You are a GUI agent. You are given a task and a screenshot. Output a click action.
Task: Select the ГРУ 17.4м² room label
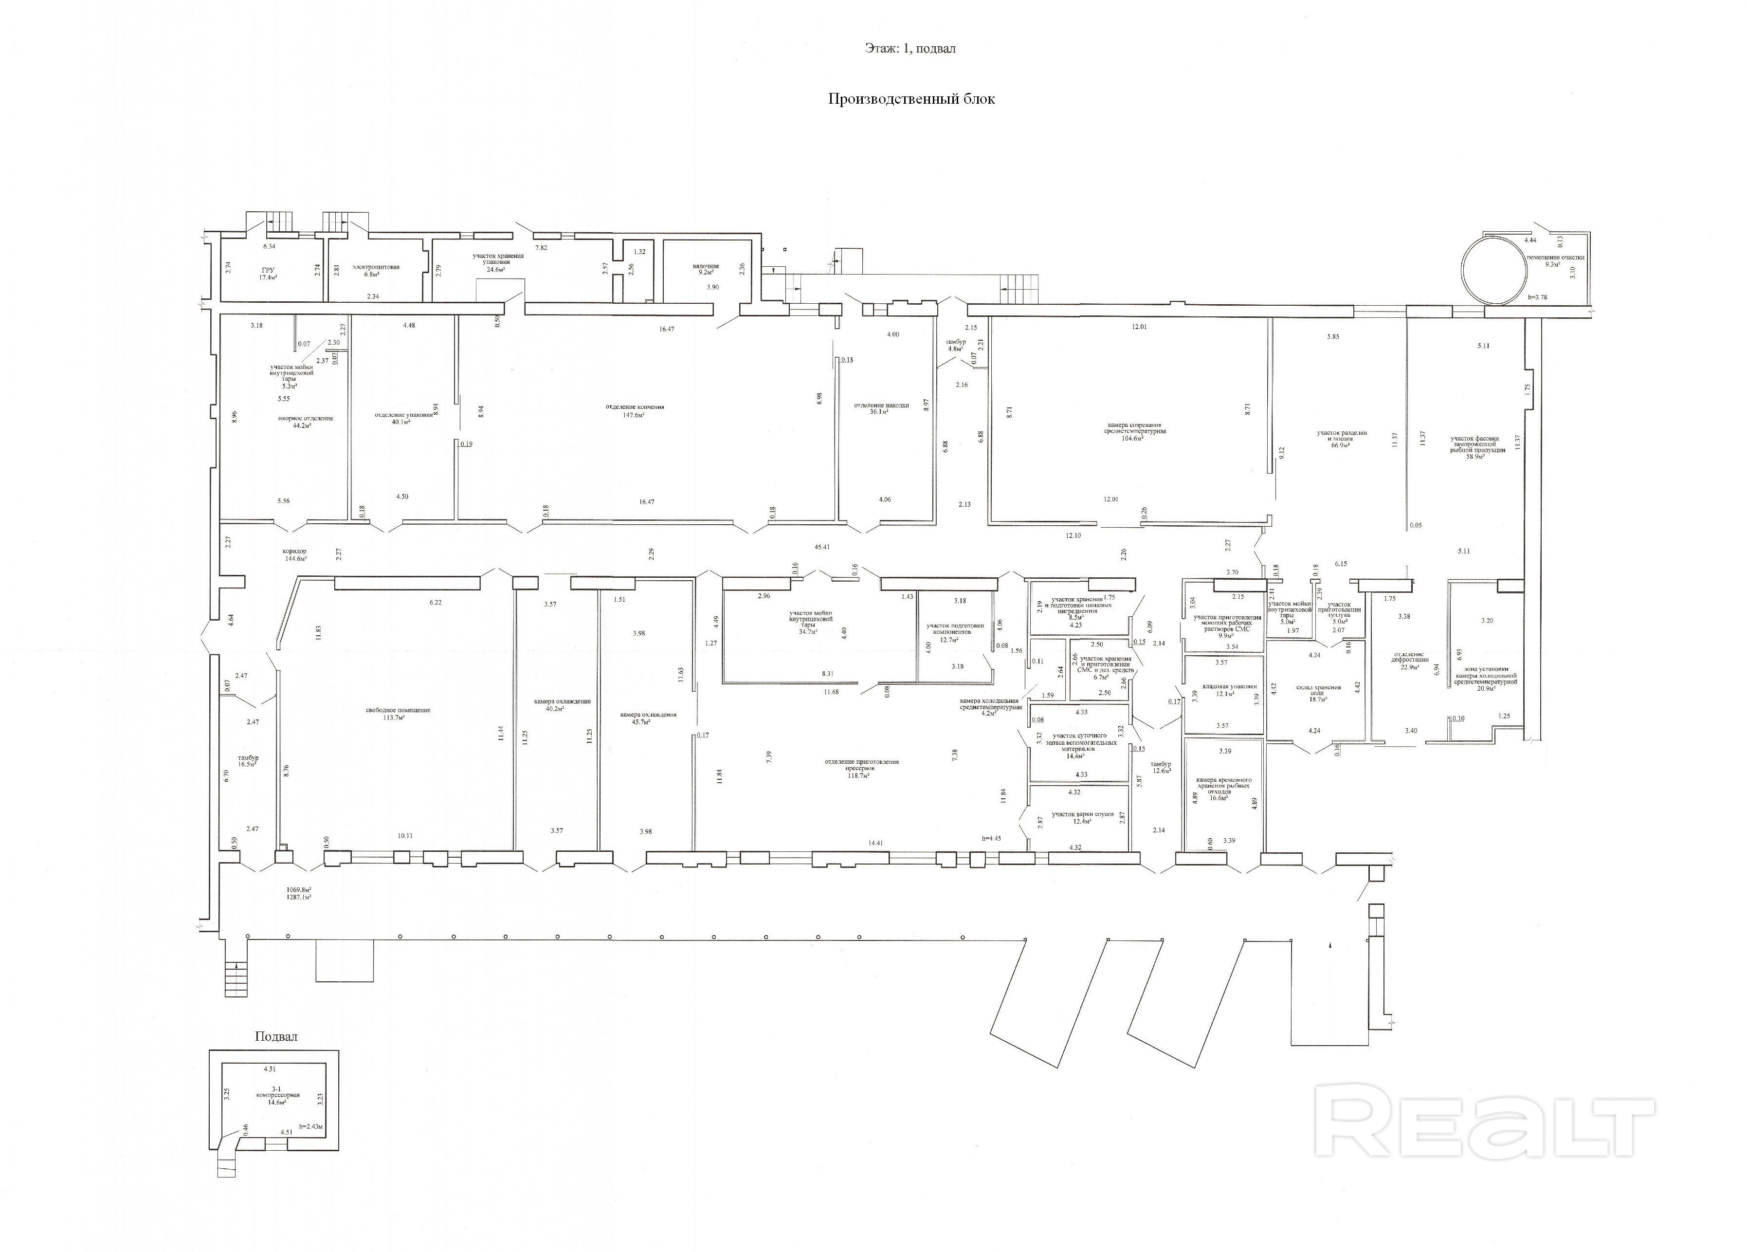268,274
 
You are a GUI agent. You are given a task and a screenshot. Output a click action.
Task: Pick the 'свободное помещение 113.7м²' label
398,714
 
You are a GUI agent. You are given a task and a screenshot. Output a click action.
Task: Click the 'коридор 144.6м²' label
294,555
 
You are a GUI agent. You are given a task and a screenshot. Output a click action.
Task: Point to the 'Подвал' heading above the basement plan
276,1036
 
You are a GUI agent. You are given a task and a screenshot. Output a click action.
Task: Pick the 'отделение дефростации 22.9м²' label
1410,663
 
